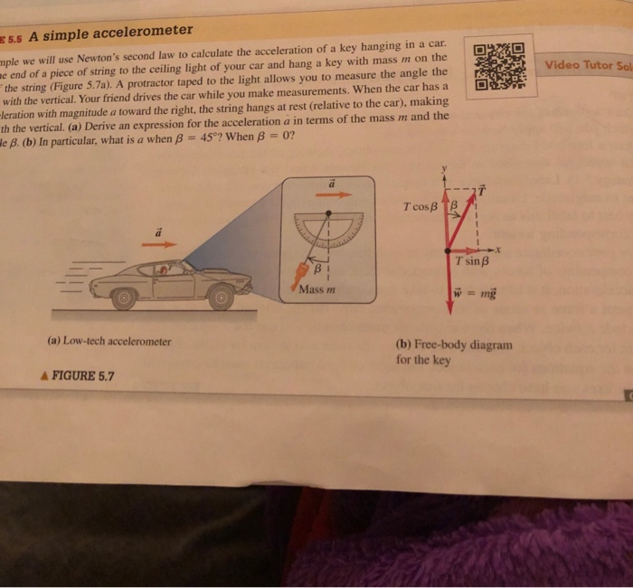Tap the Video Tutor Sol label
(588, 65)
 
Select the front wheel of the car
(220, 297)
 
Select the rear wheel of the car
(124, 298)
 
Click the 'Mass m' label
(317, 289)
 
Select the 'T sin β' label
(473, 261)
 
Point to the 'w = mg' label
(476, 296)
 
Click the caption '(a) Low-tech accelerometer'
(109, 341)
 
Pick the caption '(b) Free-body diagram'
(454, 344)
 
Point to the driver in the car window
(165, 269)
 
